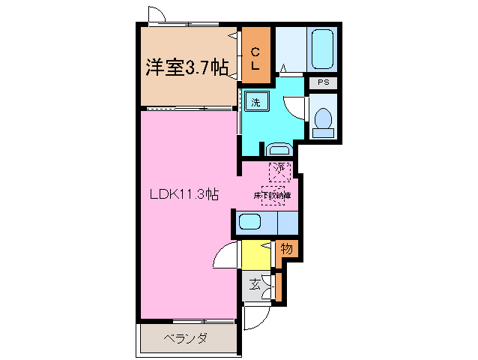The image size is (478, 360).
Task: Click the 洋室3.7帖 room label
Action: point(187,68)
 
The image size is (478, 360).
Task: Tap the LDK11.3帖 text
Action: point(184,194)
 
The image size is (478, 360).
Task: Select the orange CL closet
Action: point(255,58)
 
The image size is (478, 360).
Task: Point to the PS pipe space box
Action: point(323,82)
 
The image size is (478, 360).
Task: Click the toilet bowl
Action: point(324,121)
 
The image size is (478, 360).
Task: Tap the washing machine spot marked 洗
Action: point(255,103)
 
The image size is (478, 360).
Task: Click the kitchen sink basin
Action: point(249,222)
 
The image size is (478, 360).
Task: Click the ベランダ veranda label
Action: point(185,339)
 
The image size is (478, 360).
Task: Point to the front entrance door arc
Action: point(252,319)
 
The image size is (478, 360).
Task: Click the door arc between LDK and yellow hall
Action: point(225,257)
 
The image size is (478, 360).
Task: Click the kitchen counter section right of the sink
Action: point(287,223)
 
